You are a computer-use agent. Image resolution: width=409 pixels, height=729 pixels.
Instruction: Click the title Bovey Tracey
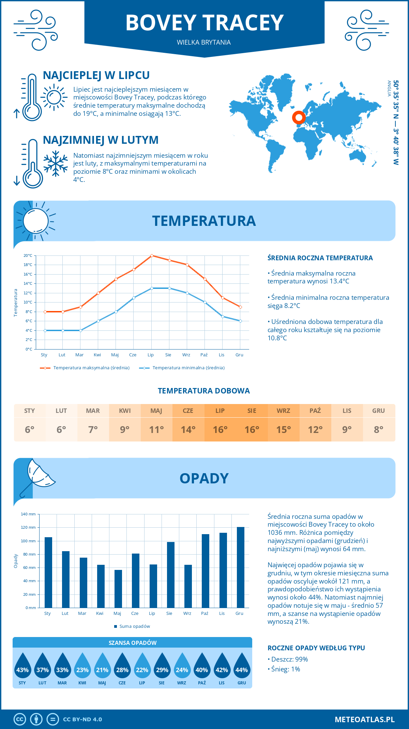click(x=204, y=23)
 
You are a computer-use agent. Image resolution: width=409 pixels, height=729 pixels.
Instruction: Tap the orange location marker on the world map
click(x=299, y=118)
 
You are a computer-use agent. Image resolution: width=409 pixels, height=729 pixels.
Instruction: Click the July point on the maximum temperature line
click(x=152, y=255)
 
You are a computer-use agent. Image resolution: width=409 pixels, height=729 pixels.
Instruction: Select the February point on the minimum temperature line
click(x=63, y=330)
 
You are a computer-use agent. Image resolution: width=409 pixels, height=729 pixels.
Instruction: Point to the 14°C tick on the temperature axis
click(x=28, y=283)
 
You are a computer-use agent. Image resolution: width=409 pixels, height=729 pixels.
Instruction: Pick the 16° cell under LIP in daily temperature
click(x=220, y=430)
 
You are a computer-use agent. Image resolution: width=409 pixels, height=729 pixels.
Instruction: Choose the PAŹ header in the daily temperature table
click(x=315, y=411)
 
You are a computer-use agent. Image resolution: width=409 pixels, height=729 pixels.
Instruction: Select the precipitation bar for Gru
click(x=241, y=567)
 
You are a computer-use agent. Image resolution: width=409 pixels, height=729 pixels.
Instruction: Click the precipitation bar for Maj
click(x=118, y=589)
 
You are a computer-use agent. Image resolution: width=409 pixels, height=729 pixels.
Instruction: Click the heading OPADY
click(x=204, y=478)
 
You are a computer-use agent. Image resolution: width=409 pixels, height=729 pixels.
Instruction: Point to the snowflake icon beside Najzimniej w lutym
click(x=56, y=163)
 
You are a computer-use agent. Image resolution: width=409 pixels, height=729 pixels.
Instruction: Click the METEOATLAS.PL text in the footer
click(x=365, y=719)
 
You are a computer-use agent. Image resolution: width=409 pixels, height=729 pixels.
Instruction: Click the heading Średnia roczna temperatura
click(x=320, y=258)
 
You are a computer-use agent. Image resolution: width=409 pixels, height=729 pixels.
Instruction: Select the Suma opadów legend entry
click(x=134, y=626)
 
